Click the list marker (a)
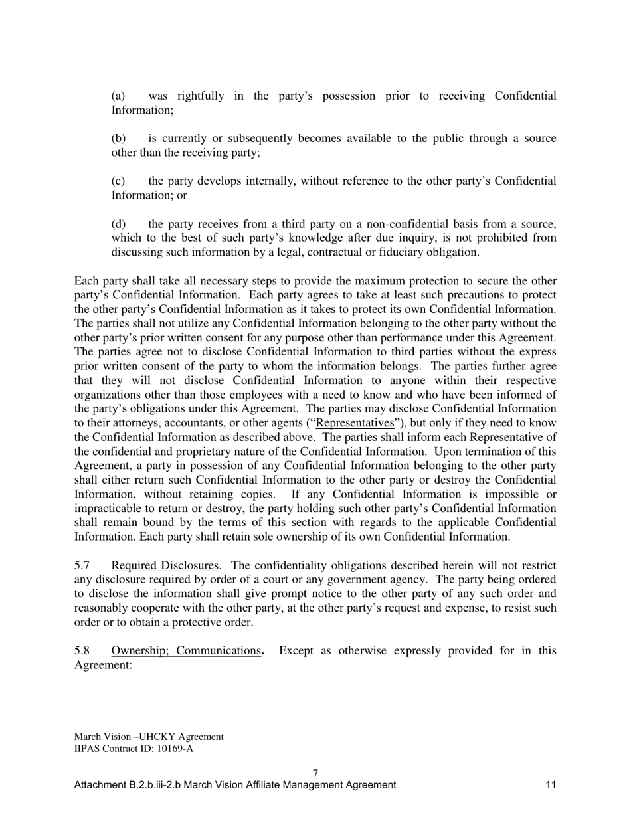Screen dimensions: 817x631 tap(118, 96)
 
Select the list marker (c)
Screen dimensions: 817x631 tap(118, 181)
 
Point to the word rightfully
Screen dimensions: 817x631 tap(201, 96)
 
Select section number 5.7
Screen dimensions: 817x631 tap(82, 566)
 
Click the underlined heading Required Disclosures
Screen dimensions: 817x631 tap(165, 566)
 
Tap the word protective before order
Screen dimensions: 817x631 tap(201, 622)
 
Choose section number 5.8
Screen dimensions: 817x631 tap(82, 651)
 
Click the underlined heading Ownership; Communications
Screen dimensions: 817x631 tap(187, 651)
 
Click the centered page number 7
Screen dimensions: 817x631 tap(315, 773)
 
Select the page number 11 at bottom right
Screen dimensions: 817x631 tap(551, 785)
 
